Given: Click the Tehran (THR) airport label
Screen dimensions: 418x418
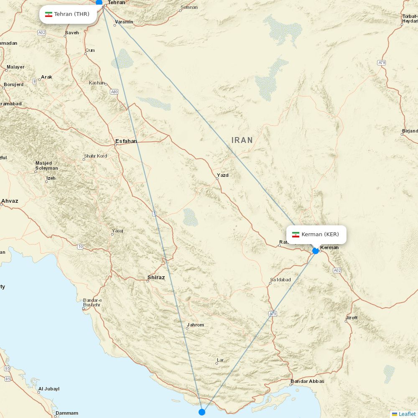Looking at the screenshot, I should tap(68, 14).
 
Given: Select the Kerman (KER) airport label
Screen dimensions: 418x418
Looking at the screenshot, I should tap(316, 234).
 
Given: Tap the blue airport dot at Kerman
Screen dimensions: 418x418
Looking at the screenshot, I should tap(316, 251).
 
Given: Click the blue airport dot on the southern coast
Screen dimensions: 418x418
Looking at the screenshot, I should tap(202, 412).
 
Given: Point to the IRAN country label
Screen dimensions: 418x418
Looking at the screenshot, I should tap(242, 140).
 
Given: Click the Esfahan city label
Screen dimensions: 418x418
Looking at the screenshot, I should tap(126, 141).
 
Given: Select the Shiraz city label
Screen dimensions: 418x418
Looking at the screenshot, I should tap(156, 278).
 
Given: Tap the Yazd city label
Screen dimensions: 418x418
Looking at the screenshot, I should tap(222, 175).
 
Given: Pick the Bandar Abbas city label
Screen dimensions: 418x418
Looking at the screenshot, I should tap(307, 381).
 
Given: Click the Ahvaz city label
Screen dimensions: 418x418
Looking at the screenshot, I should tap(10, 201).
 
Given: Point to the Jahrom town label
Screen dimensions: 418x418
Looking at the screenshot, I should tap(196, 325).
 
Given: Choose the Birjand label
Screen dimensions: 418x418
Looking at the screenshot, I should tap(410, 131).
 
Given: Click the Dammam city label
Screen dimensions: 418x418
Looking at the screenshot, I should tap(66, 413).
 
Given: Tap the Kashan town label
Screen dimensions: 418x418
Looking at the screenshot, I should tap(97, 83).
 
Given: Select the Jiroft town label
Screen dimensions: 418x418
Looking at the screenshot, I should tap(352, 318).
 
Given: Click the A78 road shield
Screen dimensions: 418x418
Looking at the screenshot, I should tap(381, 63).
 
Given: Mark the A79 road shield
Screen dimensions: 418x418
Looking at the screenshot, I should tap(273, 313).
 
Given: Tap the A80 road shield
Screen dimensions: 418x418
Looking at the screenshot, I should tap(114, 92).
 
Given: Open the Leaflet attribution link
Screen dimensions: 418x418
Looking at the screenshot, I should tap(407, 414).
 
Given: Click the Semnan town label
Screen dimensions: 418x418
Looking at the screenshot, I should tap(189, 7).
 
